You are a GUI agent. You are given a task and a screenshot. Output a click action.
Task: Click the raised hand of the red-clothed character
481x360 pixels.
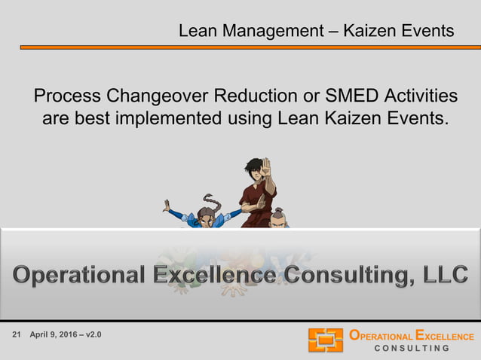pyautogui.click(x=265, y=167)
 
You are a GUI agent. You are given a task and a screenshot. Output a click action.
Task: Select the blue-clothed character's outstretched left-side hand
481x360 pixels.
pyautogui.click(x=166, y=205)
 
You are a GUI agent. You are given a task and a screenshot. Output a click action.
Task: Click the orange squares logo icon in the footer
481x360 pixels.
pyautogui.click(x=325, y=340)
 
